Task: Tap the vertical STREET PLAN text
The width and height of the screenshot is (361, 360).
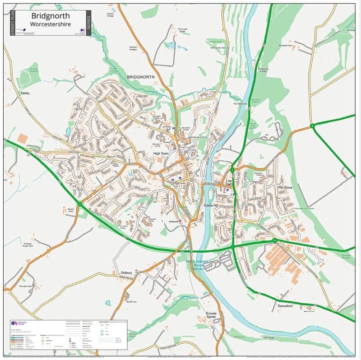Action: click(13, 23)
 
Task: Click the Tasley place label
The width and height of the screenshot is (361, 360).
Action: click(25, 93)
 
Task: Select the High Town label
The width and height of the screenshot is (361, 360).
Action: click(161, 154)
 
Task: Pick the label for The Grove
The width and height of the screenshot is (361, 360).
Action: click(285, 187)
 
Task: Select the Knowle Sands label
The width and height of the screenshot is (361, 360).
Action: click(211, 315)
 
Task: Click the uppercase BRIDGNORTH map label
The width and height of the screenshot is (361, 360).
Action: click(140, 77)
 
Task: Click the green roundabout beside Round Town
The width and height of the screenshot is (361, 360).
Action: click(80, 204)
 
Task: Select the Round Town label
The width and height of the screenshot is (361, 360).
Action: click(70, 210)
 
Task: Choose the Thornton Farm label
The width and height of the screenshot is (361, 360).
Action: click(26, 286)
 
